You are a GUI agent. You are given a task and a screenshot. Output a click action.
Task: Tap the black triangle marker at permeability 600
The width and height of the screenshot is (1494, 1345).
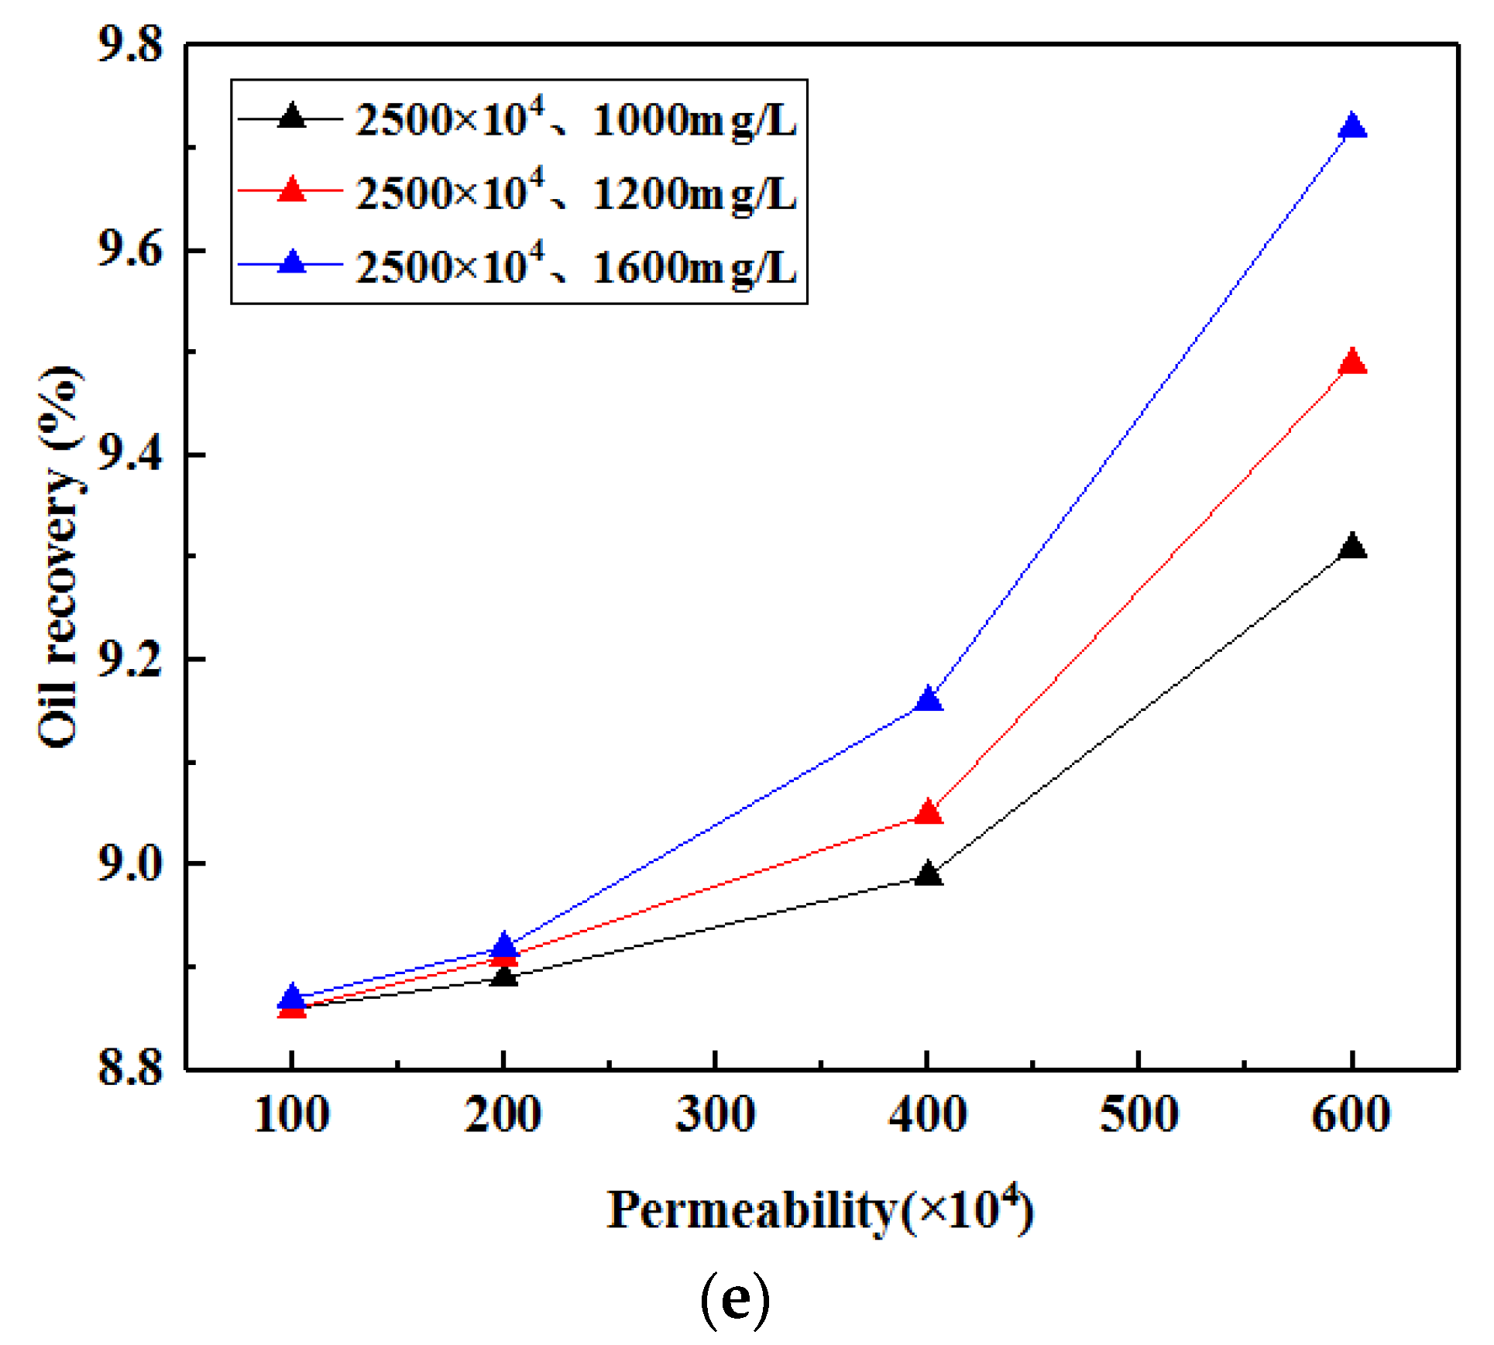[x=1351, y=547]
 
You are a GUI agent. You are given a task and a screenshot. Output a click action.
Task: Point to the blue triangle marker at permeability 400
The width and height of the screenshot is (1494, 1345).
[x=928, y=700]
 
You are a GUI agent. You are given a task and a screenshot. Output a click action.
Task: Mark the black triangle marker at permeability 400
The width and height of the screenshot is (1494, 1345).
[x=928, y=874]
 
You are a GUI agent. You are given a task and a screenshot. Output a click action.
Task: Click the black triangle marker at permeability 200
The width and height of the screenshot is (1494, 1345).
[x=504, y=976]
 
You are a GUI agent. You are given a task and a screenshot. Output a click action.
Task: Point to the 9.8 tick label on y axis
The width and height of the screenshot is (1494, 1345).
[x=130, y=44]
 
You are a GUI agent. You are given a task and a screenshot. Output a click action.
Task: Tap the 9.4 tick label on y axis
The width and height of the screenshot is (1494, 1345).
[x=130, y=454]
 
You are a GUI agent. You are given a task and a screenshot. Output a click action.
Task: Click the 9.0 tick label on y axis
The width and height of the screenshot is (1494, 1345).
[x=130, y=863]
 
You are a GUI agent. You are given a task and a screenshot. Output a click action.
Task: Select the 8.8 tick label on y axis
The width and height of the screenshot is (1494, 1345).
[x=130, y=1067]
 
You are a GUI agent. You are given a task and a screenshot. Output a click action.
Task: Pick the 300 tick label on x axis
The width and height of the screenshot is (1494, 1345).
[x=715, y=1115]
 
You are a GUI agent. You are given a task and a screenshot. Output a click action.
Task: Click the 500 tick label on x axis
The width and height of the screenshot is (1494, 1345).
[x=1139, y=1115]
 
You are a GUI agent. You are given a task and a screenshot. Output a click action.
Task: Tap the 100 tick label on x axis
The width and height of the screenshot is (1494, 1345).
[x=292, y=1115]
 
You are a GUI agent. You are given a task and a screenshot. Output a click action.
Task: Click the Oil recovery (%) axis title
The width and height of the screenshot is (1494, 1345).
[x=60, y=558]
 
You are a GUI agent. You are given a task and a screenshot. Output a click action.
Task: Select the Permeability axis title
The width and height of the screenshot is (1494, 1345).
[x=819, y=1209]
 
